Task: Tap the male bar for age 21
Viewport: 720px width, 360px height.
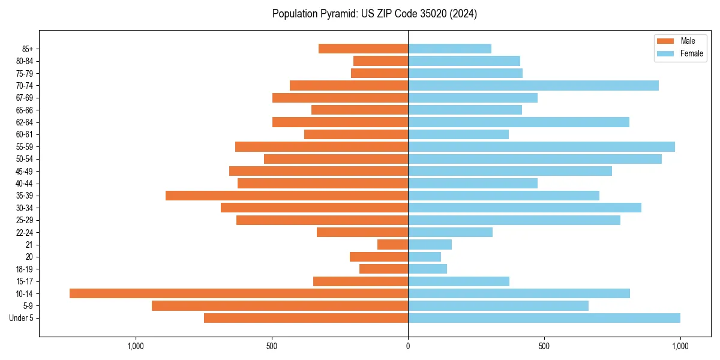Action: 392,245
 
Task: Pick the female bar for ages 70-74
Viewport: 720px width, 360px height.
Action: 533,86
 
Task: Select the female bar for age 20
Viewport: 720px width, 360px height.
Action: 424,257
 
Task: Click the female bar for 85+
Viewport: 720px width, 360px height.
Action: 449,49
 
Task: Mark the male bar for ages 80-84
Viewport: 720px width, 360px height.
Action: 380,61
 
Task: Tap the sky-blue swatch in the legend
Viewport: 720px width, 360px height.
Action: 666,53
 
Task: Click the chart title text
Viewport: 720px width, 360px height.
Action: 374,14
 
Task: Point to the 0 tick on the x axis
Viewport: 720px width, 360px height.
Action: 408,346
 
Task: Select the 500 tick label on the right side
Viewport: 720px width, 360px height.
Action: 544,346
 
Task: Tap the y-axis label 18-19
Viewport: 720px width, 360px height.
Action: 25,269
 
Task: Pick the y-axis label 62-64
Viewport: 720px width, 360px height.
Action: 25,122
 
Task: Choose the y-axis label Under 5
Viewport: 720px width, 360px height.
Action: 21,318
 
